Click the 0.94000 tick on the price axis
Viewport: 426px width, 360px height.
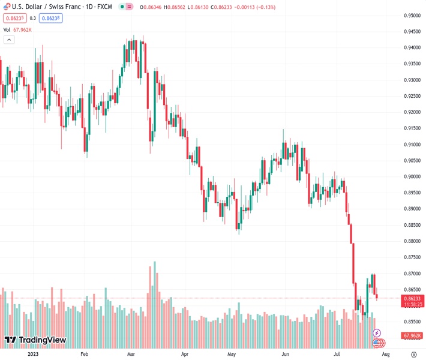(412, 47)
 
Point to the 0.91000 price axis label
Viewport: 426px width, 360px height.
(412, 144)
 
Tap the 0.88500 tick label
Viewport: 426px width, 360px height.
(412, 225)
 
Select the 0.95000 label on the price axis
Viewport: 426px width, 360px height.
(412, 15)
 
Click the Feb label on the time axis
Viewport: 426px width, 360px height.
(84, 354)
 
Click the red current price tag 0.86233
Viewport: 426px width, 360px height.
(412, 298)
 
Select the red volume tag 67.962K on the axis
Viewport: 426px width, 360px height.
(412, 335)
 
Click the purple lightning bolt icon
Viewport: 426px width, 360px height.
(377, 332)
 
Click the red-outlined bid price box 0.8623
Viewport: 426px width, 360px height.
(13, 18)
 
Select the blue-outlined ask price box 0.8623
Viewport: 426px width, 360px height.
(51, 18)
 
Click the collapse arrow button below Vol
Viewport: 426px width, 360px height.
(9, 40)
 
